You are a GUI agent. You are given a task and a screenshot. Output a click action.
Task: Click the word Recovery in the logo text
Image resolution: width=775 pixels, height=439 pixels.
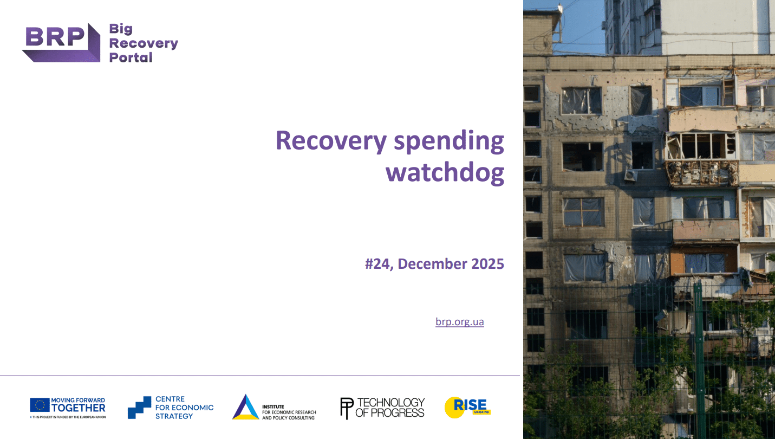pos(144,43)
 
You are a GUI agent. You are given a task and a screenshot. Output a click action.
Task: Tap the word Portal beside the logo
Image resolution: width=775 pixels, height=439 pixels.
pos(131,57)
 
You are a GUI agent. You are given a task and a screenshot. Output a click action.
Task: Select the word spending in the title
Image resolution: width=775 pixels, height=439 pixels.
pos(449,142)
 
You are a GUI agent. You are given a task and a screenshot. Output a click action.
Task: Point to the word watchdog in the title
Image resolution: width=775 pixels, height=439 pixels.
pos(445,172)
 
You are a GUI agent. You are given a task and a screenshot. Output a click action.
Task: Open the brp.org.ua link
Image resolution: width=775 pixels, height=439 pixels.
pos(459,321)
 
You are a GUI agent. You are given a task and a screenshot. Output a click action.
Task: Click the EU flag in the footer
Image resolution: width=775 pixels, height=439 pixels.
pos(40,405)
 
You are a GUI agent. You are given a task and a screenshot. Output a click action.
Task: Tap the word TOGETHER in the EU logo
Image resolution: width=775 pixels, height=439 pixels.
pos(78,408)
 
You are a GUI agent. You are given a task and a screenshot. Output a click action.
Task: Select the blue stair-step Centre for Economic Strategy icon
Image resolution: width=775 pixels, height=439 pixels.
pos(139,408)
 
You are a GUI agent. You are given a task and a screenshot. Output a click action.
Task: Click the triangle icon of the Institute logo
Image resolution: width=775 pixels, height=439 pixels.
pos(246,407)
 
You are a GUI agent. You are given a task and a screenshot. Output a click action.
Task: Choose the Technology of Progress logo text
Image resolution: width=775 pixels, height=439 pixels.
pos(389,408)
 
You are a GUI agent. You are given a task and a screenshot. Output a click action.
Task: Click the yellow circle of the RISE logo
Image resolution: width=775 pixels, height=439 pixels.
pos(454,408)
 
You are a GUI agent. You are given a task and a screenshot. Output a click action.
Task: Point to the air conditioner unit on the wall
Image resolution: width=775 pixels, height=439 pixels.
pos(631,175)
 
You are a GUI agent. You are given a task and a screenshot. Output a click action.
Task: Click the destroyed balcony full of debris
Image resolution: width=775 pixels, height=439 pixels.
pos(702,173)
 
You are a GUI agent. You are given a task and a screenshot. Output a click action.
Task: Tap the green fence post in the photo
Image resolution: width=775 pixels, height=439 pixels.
pos(700,360)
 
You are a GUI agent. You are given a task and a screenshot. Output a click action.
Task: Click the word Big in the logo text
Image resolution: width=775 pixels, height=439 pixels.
pos(121,29)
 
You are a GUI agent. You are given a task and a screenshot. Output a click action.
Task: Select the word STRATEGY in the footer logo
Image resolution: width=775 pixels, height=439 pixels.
pos(174,416)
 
